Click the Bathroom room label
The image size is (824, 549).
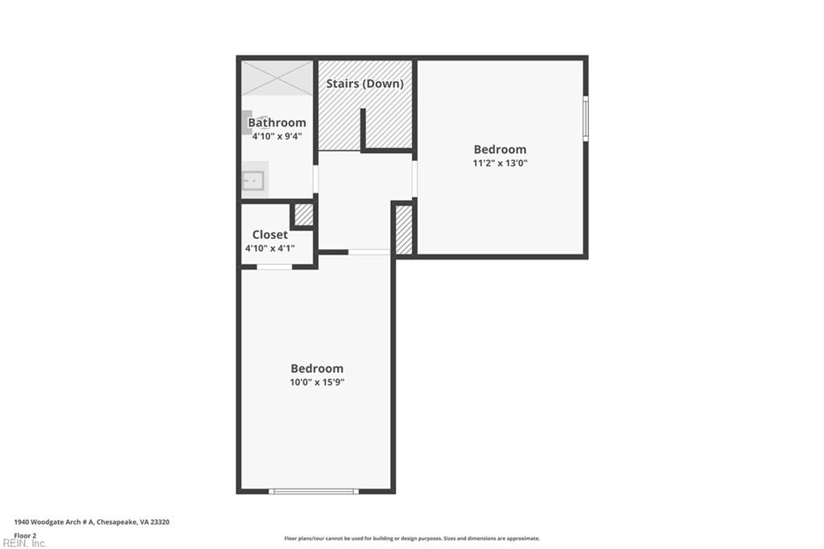tap(277, 122)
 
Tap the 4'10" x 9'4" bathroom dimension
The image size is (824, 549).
tap(277, 136)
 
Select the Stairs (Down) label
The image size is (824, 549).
tap(365, 84)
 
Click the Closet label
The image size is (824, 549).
tap(270, 234)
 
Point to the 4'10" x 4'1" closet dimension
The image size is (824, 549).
tap(270, 248)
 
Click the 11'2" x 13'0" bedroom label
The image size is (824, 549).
tap(500, 163)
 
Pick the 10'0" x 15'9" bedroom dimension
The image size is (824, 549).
tap(317, 382)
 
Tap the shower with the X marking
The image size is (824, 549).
tap(277, 78)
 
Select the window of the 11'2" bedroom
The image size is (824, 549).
tap(586, 118)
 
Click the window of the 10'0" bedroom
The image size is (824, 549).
tap(314, 492)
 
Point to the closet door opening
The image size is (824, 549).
tap(274, 267)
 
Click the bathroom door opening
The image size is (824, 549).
tap(315, 179)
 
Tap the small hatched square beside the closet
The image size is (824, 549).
tap(303, 215)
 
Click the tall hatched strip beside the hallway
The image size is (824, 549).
tap(404, 229)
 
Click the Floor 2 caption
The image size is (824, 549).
tap(25, 536)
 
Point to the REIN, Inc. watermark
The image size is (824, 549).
tap(24, 543)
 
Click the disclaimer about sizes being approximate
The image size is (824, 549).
tap(412, 539)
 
